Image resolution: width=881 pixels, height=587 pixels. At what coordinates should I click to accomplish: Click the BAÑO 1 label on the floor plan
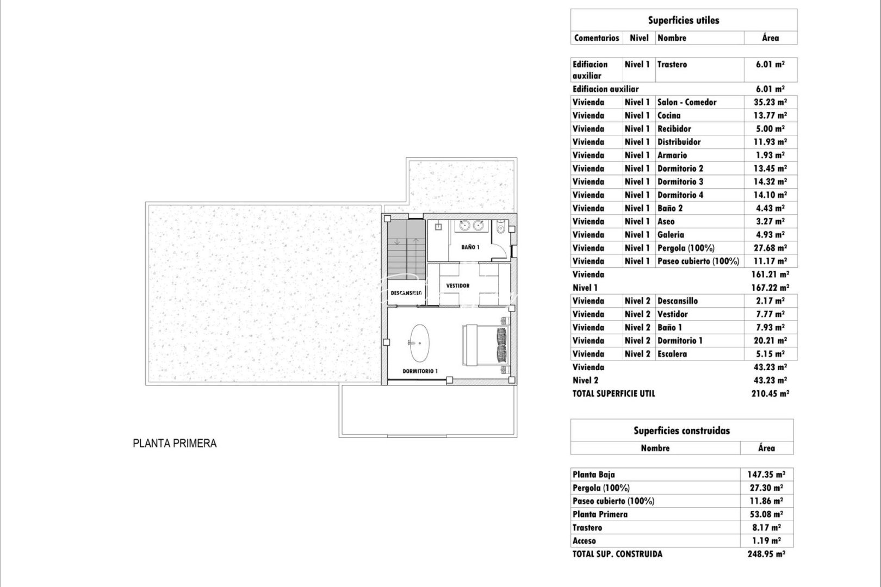[470, 247]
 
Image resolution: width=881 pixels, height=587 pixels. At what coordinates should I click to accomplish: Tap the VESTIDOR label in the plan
[457, 285]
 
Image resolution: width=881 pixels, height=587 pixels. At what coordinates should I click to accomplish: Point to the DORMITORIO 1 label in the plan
[420, 371]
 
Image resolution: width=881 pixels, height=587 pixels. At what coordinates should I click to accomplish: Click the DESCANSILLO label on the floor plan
[406, 293]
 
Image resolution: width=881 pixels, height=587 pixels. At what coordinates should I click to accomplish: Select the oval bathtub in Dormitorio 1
[418, 344]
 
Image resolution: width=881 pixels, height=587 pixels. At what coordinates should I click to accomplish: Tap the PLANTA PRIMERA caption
[175, 444]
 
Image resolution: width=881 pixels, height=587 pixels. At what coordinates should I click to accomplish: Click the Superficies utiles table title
[683, 20]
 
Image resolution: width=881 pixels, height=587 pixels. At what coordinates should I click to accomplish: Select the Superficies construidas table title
[681, 430]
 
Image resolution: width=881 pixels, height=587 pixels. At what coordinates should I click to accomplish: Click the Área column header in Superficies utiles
[770, 38]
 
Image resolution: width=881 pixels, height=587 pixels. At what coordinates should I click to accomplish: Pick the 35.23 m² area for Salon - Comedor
[770, 102]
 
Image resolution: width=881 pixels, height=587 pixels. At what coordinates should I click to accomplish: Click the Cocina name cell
[669, 115]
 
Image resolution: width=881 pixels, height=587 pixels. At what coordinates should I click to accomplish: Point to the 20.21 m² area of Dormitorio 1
[770, 341]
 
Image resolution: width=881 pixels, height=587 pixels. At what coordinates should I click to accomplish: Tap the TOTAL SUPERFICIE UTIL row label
[613, 394]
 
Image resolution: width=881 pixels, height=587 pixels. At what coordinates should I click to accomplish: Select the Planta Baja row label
[593, 474]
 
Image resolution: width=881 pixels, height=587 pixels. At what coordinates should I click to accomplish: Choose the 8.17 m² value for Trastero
[766, 528]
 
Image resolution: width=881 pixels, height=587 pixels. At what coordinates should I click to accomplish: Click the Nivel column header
[639, 38]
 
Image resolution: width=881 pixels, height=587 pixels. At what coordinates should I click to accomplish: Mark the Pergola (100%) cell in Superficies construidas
[601, 488]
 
